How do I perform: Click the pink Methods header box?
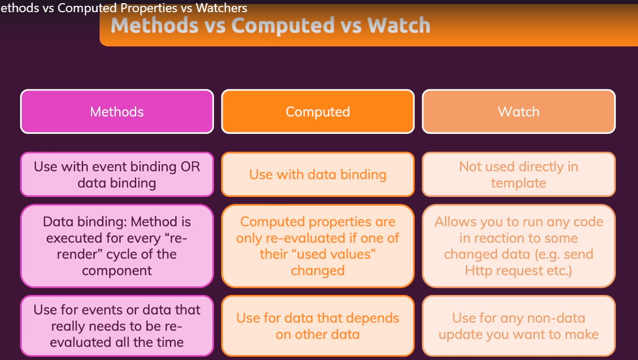click(117, 111)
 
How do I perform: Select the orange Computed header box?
click(318, 111)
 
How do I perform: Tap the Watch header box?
click(518, 111)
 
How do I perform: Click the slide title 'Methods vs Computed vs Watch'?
click(270, 25)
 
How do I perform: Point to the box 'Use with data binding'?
click(318, 174)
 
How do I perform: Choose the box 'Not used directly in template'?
click(518, 174)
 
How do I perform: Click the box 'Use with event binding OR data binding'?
click(117, 174)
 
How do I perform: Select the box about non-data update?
click(518, 326)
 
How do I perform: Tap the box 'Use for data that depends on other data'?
click(318, 326)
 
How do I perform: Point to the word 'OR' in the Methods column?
click(190, 166)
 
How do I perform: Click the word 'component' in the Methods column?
click(117, 271)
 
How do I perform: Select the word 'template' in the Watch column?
click(518, 183)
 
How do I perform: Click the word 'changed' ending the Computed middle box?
click(318, 271)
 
